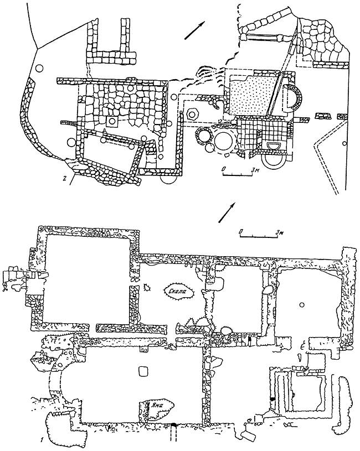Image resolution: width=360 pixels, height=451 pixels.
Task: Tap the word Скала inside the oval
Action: [x=178, y=289]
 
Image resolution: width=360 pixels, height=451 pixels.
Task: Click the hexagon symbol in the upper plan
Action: [x=193, y=113]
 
